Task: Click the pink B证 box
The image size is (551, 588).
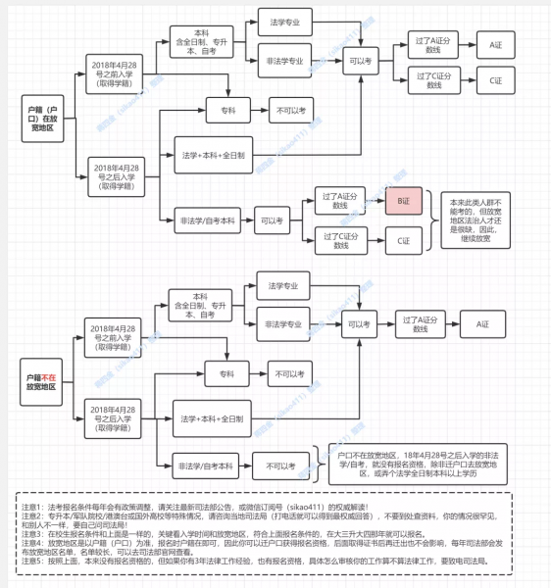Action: pyautogui.click(x=402, y=201)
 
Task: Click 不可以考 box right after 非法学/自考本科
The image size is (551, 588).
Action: pyautogui.click(x=280, y=465)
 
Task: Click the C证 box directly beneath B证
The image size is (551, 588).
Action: pyautogui.click(x=402, y=238)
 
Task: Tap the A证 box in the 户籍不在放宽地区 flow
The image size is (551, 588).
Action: pyautogui.click(x=480, y=323)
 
